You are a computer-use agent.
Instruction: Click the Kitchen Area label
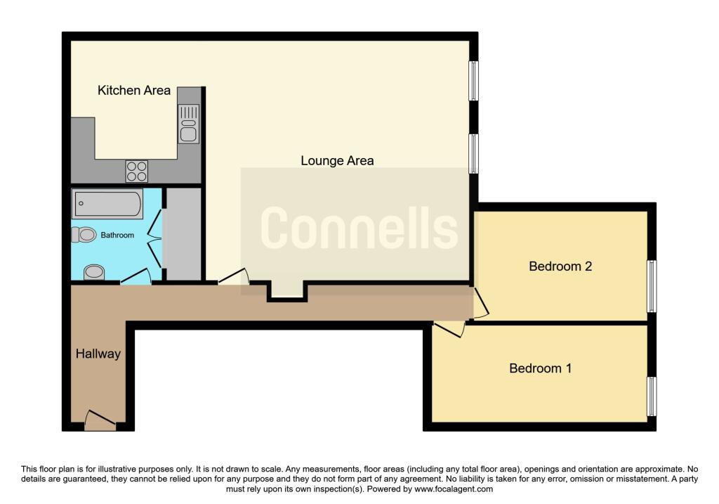pos(134,91)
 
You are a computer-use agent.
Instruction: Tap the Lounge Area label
pos(337,161)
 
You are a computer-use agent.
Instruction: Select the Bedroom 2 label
pos(560,266)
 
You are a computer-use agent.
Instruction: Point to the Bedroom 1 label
pos(540,368)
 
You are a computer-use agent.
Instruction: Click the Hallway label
pos(98,354)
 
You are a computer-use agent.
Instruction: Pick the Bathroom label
pos(117,235)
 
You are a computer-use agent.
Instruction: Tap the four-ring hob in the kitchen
pos(137,172)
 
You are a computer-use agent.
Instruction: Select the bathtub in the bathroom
pos(107,203)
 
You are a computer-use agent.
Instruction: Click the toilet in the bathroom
pos(84,235)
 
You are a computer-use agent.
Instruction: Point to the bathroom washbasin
pos(94,272)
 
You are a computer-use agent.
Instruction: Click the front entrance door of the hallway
pos(100,420)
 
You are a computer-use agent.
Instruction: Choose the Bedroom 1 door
pos(450,329)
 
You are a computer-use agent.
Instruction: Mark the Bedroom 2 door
pos(481,302)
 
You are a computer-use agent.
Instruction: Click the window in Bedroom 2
pos(652,286)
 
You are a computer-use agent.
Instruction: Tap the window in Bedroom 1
pos(652,396)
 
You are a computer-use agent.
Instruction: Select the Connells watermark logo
pos(359,228)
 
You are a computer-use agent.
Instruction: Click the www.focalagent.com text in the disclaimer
pos(454,489)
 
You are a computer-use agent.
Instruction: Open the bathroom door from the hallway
pos(136,277)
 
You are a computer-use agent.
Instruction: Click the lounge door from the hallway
pos(233,277)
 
